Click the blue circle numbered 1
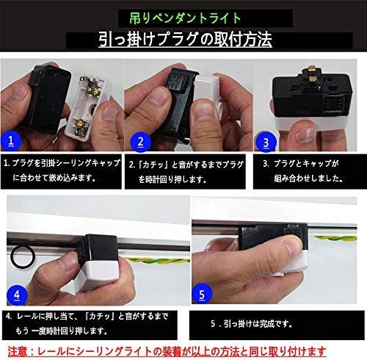pyautogui.click(x=11, y=141)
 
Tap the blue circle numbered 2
pyautogui.click(x=140, y=142)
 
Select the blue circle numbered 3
pyautogui.click(x=266, y=143)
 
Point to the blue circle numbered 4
pyautogui.click(x=17, y=295)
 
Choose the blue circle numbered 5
pyautogui.click(x=202, y=294)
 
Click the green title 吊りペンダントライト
pyautogui.click(x=185, y=18)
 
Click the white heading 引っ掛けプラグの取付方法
pyautogui.click(x=185, y=40)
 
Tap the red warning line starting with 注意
pyautogui.click(x=167, y=352)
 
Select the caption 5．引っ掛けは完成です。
pyautogui.click(x=252, y=324)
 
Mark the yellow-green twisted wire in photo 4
pyautogui.click(x=157, y=261)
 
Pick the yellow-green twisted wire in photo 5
pyautogui.click(x=335, y=238)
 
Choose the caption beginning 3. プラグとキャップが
pyautogui.click(x=302, y=171)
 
